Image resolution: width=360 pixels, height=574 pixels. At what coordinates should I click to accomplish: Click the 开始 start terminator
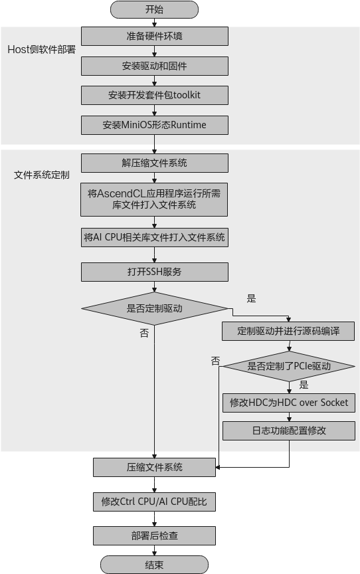(x=154, y=9)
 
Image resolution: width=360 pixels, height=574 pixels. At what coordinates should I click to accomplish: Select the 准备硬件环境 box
(x=155, y=37)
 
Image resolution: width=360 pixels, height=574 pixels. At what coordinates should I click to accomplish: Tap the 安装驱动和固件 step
(x=155, y=66)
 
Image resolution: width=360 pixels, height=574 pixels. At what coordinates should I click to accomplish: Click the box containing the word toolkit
(x=155, y=95)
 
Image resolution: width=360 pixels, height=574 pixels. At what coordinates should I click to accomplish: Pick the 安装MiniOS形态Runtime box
(x=155, y=125)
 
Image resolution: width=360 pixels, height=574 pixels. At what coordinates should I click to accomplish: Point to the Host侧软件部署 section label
(x=42, y=49)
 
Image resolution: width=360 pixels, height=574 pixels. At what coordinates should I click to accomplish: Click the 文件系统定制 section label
(x=42, y=175)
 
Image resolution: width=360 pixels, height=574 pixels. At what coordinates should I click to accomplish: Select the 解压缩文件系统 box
(x=155, y=163)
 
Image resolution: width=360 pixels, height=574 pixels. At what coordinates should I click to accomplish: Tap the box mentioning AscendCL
(x=154, y=199)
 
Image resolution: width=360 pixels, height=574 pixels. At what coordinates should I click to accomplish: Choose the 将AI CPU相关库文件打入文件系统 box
(x=155, y=238)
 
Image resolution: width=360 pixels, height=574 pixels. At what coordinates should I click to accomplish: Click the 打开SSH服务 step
(x=155, y=272)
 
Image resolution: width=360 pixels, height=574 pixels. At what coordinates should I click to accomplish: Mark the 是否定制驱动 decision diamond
(x=155, y=309)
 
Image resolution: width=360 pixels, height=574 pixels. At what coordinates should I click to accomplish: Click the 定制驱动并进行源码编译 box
(x=288, y=332)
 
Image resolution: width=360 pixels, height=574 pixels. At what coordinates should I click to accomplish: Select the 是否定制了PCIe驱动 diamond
(x=289, y=367)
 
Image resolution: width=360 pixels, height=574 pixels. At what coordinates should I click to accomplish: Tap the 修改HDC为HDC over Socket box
(x=289, y=403)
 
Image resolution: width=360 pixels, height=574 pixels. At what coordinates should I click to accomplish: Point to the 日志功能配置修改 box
(x=289, y=431)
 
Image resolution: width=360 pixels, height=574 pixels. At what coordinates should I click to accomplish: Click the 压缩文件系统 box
(x=154, y=468)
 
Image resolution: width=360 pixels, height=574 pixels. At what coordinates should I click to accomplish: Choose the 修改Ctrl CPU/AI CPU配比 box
(x=154, y=502)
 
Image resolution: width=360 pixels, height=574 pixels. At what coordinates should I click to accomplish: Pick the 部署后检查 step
(x=154, y=536)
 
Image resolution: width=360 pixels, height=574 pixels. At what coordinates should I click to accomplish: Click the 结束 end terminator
(x=154, y=565)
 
